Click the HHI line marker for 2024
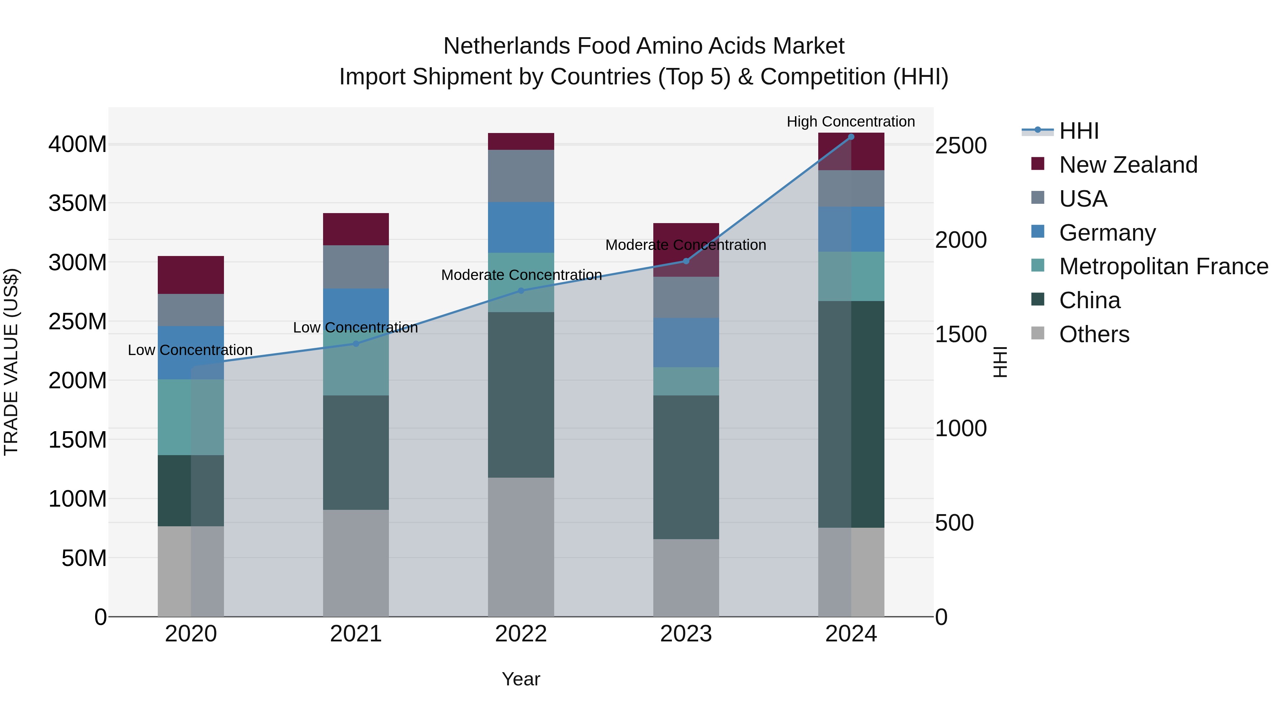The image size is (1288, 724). (851, 137)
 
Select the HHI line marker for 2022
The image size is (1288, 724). (521, 291)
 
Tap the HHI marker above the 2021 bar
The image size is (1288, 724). (356, 344)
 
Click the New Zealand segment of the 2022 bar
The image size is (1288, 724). (521, 141)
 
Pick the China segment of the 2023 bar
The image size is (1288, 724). (686, 467)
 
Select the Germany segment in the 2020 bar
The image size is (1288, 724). (190, 353)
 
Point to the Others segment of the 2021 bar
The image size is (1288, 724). (356, 563)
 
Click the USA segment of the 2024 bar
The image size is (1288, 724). (851, 188)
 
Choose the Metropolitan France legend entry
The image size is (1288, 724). (1163, 266)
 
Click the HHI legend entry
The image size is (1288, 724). (1078, 131)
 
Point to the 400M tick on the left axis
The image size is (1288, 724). (78, 145)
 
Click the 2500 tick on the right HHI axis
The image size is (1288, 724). (961, 146)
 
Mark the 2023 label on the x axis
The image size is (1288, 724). (686, 634)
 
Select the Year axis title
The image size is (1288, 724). (521, 679)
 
